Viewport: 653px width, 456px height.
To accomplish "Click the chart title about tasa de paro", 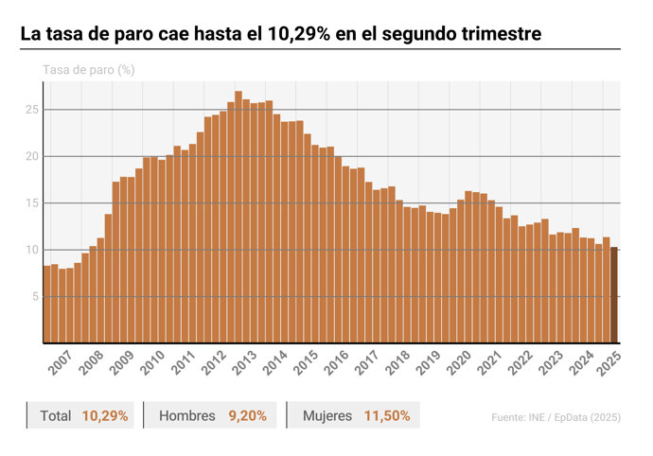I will (281, 34).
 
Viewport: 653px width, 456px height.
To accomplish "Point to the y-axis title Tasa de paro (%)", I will (88, 71).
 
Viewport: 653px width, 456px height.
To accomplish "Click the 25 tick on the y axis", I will (31, 110).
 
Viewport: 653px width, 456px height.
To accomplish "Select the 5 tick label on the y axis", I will (35, 296).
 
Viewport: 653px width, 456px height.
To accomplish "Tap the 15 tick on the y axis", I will (31, 203).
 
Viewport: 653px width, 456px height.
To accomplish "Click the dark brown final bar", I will (613, 294).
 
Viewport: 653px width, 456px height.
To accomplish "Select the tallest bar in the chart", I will (238, 217).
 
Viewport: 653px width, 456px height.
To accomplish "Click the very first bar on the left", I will (46, 304).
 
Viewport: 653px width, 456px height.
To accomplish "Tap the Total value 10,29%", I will (105, 415).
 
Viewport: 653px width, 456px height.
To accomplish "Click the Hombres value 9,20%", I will (248, 415).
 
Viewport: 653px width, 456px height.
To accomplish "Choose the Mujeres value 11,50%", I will (387, 415).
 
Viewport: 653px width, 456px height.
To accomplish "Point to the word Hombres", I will (187, 415).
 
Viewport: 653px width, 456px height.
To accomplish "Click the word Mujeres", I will (327, 415).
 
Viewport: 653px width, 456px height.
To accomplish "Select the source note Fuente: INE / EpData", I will (556, 416).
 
